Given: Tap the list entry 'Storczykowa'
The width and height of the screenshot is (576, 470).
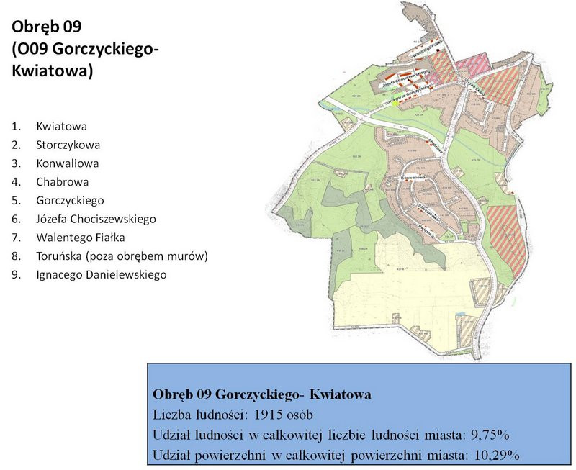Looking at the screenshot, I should click(x=68, y=145).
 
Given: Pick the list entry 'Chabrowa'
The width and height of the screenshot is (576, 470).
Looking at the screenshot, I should click(x=60, y=182).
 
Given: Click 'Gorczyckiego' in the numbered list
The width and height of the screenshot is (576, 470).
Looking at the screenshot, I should click(x=70, y=201).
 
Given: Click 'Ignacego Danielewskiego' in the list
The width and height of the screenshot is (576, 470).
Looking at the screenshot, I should click(x=102, y=275).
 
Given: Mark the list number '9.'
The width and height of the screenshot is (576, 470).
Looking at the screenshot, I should click(x=16, y=275).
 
